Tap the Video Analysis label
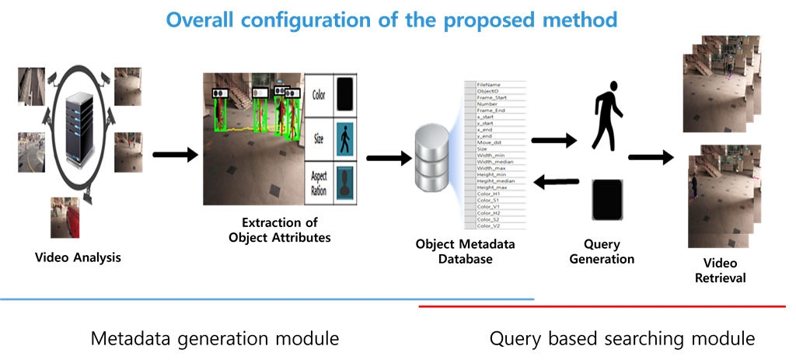(78, 257)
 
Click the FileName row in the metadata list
(489, 84)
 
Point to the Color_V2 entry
(489, 225)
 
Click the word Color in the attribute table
(319, 95)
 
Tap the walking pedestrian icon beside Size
(344, 141)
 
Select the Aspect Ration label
(319, 186)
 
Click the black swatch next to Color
(344, 95)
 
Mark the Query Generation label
(602, 252)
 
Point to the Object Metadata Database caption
(466, 252)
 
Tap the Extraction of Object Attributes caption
(279, 230)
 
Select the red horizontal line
(602, 306)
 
